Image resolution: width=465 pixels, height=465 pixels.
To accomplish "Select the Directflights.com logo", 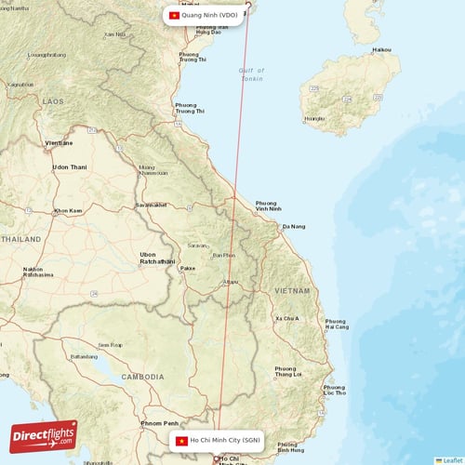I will tap(44, 435).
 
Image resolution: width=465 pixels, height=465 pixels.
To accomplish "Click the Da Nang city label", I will tap(294, 226).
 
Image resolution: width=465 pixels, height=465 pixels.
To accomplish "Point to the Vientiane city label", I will tap(59, 142).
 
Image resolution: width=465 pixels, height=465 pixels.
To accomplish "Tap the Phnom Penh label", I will tap(158, 423).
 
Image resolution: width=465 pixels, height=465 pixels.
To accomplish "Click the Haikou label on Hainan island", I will tap(381, 49).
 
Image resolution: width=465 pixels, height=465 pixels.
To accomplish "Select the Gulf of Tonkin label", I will tap(252, 73).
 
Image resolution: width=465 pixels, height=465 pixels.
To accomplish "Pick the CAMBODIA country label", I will tap(143, 377).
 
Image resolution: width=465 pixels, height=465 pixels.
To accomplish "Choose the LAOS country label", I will tap(53, 100).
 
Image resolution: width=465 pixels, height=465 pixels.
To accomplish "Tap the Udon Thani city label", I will tap(70, 166).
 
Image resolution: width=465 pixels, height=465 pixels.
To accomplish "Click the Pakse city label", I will tap(188, 268).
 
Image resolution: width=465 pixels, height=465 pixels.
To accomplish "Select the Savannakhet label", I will tap(151, 205).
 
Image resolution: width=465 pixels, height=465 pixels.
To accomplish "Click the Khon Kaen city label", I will tap(68, 211).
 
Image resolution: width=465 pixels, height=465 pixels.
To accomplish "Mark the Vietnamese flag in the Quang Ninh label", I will tap(173, 15).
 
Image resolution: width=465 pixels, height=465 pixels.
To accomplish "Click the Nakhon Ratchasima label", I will tap(38, 272).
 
